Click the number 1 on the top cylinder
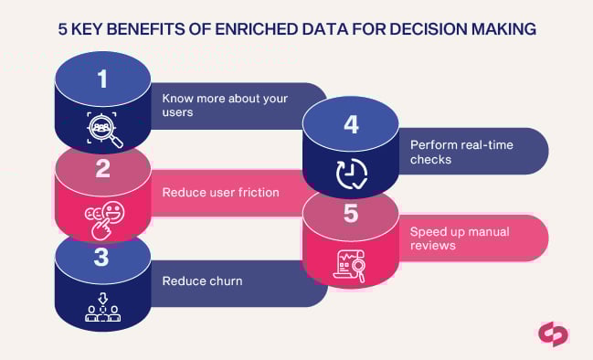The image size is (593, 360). (102, 79)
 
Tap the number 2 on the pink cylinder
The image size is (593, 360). (102, 168)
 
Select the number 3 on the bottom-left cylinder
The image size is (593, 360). (101, 258)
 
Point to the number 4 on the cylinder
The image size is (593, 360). (351, 124)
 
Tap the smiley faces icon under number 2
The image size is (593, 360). (102, 217)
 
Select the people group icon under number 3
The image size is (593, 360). (102, 308)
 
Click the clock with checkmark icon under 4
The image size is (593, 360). (351, 174)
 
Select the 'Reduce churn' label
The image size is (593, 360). (202, 281)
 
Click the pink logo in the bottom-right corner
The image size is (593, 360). (552, 334)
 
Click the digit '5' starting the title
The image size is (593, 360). (61, 29)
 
